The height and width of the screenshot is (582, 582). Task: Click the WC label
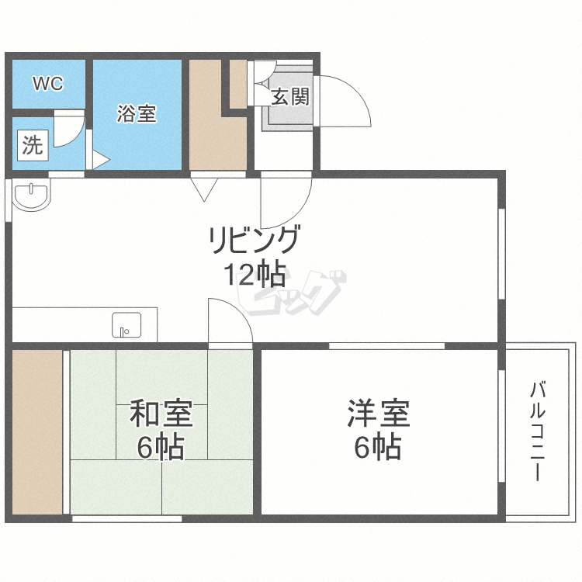tap(47, 83)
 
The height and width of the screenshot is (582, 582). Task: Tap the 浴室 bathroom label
tap(137, 114)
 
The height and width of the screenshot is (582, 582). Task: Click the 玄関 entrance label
tap(290, 97)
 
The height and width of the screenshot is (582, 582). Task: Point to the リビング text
tap(253, 241)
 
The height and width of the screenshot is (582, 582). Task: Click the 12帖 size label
tap(254, 275)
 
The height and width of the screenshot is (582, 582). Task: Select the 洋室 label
tap(378, 413)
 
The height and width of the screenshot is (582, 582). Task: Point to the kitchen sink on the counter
tap(126, 324)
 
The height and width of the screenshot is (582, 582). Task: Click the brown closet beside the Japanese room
tap(36, 431)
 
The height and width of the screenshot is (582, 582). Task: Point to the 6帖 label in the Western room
tap(378, 448)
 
